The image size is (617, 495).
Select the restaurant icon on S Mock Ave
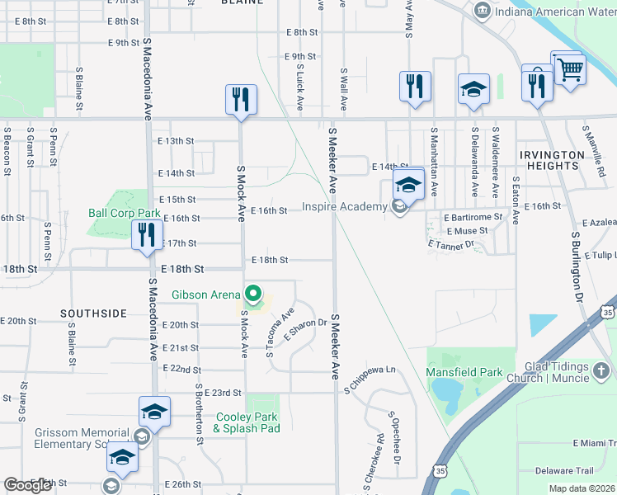[241, 100]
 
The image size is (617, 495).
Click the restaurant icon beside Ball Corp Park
[148, 234]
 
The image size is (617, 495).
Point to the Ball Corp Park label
[124, 212]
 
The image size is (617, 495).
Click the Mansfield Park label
[464, 372]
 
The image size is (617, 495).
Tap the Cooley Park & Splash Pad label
[247, 422]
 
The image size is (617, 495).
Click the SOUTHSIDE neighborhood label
[93, 313]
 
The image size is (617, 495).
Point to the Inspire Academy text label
[344, 206]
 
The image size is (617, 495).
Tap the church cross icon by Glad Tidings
[604, 369]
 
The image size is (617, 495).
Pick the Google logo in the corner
[28, 485]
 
